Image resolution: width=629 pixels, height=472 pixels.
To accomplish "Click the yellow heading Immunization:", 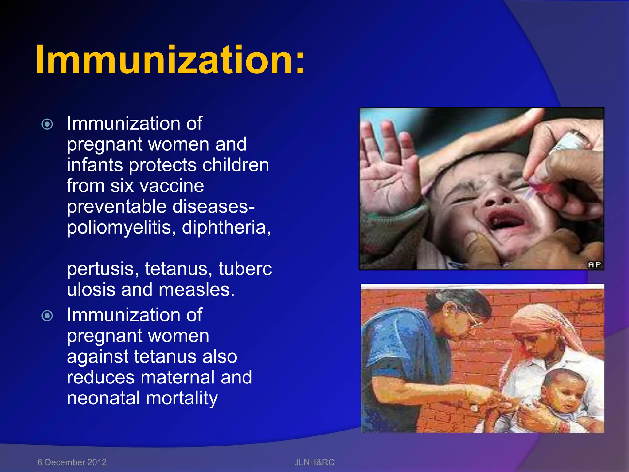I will coord(170,60).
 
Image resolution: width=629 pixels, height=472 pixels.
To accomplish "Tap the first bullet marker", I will coord(47,124).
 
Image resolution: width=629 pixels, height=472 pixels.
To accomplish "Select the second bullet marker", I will coord(47,316).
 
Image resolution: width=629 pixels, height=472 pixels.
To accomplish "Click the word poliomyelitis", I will coord(119,228).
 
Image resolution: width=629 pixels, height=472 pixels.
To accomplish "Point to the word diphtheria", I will coord(226,228).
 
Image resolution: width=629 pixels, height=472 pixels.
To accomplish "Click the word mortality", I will coord(182,399).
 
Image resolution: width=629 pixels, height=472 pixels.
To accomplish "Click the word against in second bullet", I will coord(97,357).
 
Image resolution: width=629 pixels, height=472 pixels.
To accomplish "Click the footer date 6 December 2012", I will coord(72,462).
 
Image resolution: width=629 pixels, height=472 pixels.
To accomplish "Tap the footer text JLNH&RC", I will coord(314,462).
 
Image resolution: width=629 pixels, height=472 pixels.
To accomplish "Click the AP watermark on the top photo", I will coord(594,265).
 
